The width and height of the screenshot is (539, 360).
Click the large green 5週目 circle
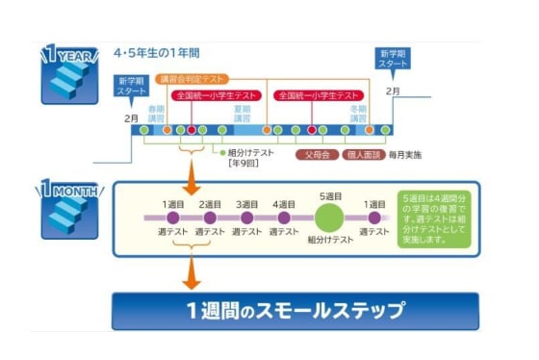329,218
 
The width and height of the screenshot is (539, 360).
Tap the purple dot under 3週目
246,219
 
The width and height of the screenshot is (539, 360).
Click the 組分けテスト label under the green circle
329,242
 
